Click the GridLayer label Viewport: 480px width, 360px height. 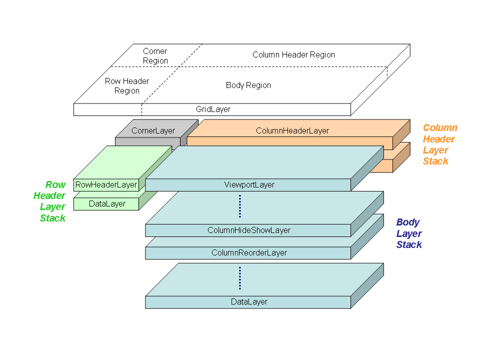213,109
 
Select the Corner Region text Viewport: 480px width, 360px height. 155,56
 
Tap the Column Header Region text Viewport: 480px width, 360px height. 293,54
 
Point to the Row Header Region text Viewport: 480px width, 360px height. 127,86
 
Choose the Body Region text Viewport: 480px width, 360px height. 248,85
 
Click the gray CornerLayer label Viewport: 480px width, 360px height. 153,131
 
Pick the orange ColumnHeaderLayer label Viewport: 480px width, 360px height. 292,131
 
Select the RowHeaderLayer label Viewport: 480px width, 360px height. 106,185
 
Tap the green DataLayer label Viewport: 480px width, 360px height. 107,204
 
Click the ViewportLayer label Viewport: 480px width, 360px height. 249,185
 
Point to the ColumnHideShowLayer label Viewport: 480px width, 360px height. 249,230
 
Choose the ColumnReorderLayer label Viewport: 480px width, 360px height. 249,253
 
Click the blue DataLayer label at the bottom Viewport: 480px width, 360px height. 249,302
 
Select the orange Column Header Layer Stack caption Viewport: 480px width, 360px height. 439,144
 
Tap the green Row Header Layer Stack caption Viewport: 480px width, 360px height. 49,201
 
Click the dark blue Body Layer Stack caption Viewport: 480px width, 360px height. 409,233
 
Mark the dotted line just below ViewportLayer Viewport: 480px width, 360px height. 240,206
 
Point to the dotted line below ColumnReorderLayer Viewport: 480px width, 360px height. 240,278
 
